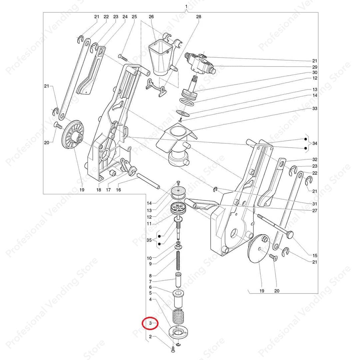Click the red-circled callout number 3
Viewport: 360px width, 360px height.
(x=151, y=323)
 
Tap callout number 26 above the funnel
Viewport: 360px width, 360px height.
(x=151, y=17)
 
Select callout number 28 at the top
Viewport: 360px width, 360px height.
(x=199, y=17)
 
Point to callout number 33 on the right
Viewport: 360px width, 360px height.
(x=315, y=108)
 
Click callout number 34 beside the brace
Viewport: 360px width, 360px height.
(x=315, y=143)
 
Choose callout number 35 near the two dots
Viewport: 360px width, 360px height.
(x=149, y=240)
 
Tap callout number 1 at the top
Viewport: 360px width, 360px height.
(x=186, y=6)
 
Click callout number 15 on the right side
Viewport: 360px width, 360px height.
(x=315, y=255)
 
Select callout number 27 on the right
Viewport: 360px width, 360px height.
(x=315, y=210)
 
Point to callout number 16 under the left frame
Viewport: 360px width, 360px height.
(x=118, y=190)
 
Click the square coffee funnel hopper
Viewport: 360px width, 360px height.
(x=160, y=58)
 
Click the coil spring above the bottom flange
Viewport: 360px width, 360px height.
(x=178, y=316)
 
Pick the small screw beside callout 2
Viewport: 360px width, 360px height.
(x=173, y=349)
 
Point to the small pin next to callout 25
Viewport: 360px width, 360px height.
(x=122, y=57)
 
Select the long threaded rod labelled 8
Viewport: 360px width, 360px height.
(x=178, y=260)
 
